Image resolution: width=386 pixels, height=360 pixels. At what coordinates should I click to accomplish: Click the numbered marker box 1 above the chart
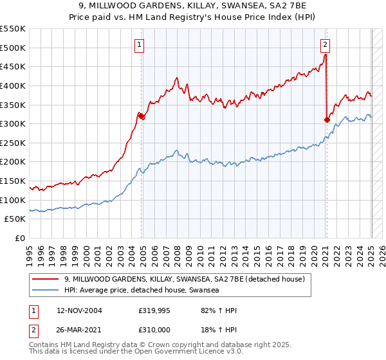[140, 44]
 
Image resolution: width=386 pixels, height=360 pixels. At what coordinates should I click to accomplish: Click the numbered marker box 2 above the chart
[326, 44]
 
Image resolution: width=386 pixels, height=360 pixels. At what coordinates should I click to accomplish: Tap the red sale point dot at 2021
[327, 120]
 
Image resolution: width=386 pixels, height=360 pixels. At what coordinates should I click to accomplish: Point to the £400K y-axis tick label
[14, 85]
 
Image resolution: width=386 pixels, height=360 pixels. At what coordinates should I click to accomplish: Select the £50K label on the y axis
[17, 219]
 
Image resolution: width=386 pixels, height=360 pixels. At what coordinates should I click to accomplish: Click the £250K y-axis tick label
[14, 143]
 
